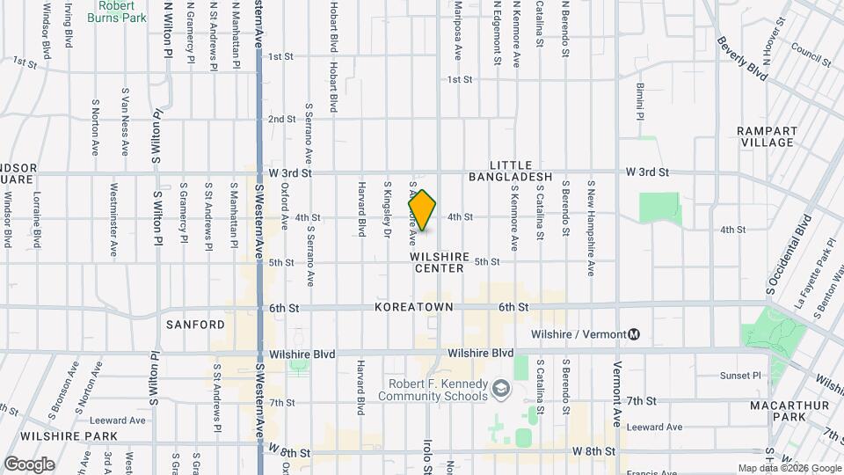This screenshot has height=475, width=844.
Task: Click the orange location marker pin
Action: [423, 211]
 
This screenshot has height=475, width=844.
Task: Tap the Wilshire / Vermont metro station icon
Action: [634, 334]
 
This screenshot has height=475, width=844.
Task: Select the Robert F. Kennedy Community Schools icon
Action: [500, 387]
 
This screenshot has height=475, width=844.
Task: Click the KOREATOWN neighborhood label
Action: [413, 307]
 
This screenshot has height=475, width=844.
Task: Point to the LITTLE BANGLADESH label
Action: [522, 171]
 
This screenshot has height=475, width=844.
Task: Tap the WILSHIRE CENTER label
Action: [437, 262]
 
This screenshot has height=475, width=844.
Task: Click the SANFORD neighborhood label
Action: [195, 325]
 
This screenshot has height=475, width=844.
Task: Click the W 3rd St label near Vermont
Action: [646, 172]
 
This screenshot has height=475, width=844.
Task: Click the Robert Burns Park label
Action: [122, 11]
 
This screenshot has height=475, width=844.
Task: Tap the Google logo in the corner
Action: [29, 464]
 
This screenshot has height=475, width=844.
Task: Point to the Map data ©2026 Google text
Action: [789, 468]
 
